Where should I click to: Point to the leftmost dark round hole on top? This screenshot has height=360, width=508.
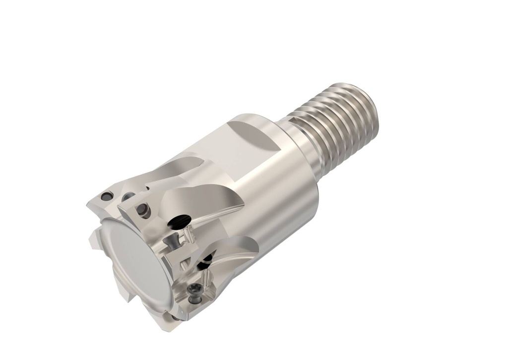click(x=106, y=196)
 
